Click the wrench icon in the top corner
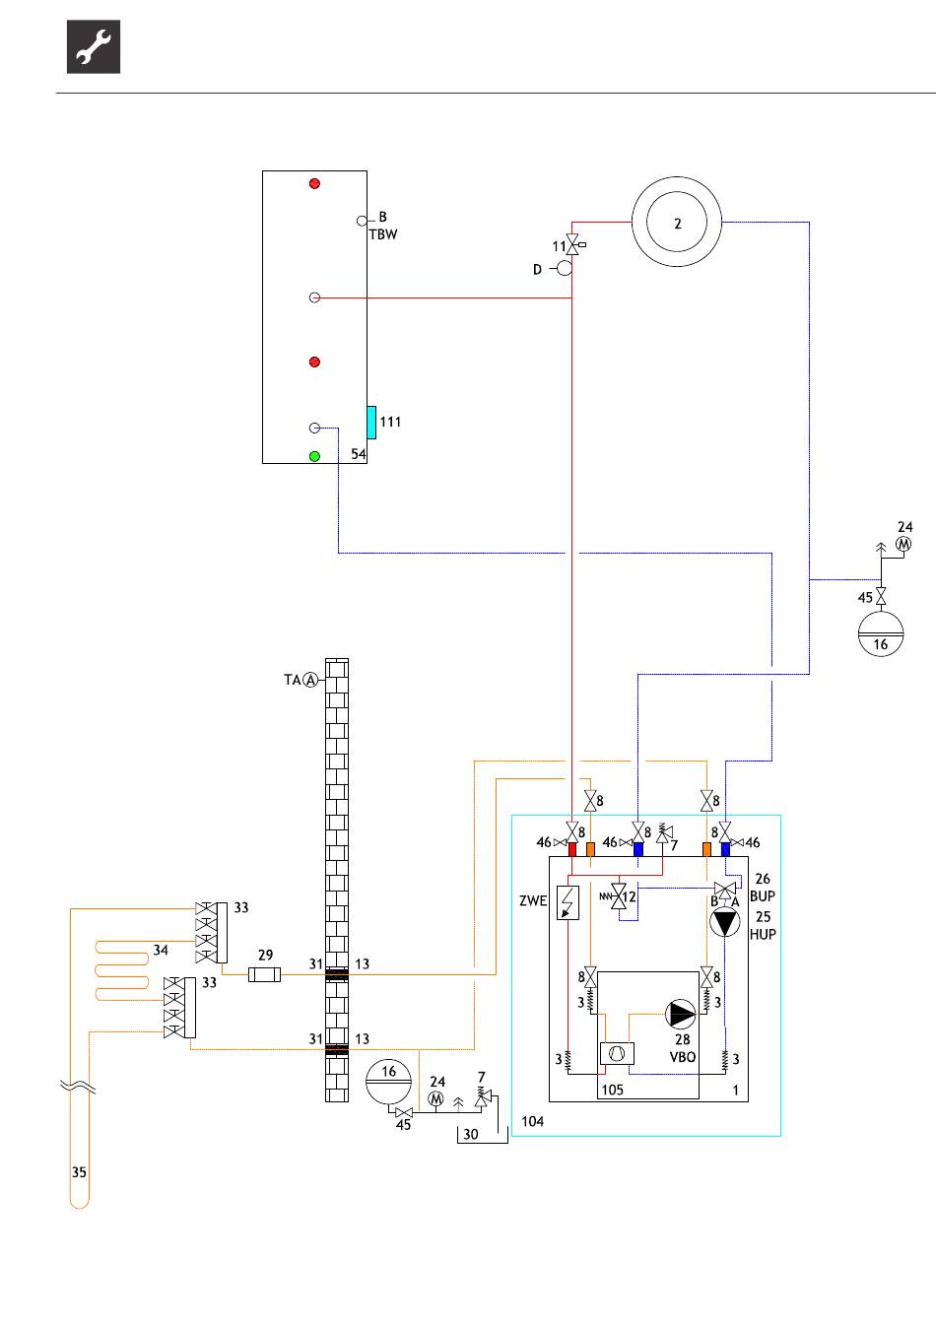click(94, 46)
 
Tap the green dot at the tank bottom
click(314, 456)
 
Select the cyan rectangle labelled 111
click(371, 422)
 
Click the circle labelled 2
click(677, 222)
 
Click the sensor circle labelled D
click(565, 268)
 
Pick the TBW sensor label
click(383, 234)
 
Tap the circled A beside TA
click(310, 680)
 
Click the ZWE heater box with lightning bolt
click(568, 902)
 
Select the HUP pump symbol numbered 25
click(724, 923)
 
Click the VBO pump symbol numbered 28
click(681, 1014)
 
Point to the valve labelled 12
click(618, 896)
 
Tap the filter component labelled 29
click(264, 974)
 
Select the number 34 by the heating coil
click(161, 950)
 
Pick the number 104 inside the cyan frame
click(532, 1121)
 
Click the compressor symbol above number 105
click(617, 1053)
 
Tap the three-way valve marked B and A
click(725, 889)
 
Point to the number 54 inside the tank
click(359, 453)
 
